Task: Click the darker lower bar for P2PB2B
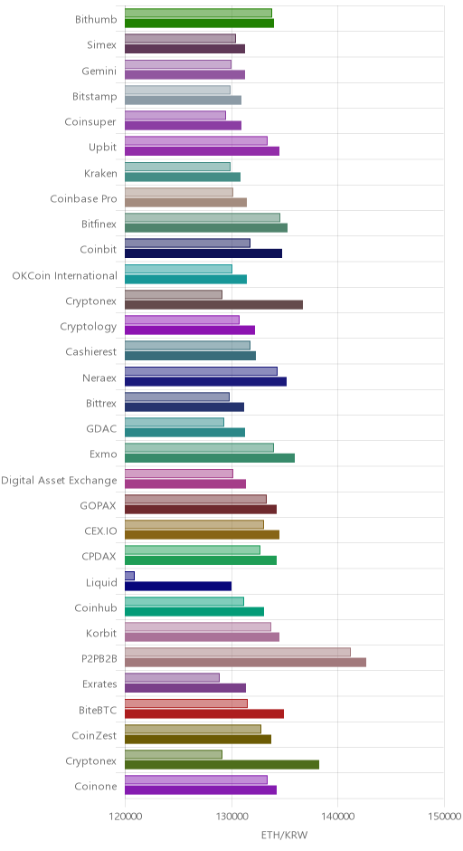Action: [x=246, y=662]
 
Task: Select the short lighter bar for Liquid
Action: [x=129, y=576]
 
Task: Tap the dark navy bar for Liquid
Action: [x=178, y=586]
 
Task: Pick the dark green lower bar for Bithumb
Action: [x=200, y=23]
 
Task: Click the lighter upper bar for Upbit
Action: [x=196, y=140]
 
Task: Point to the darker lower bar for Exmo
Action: [x=210, y=458]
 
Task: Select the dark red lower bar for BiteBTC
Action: [x=204, y=713]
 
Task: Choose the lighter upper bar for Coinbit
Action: [x=187, y=244]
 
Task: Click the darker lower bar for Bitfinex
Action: [x=206, y=228]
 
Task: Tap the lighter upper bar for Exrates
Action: [x=173, y=678]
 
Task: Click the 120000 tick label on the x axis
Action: [x=125, y=816]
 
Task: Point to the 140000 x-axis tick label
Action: [x=338, y=816]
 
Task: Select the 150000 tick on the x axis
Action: [x=445, y=816]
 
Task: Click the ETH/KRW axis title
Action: [x=284, y=835]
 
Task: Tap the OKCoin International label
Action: [x=64, y=276]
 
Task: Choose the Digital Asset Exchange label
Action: [x=59, y=481]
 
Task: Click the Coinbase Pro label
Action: [x=83, y=198]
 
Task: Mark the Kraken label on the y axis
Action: [x=100, y=174]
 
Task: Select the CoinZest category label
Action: [x=94, y=735]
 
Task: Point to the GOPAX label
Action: [x=99, y=506]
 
